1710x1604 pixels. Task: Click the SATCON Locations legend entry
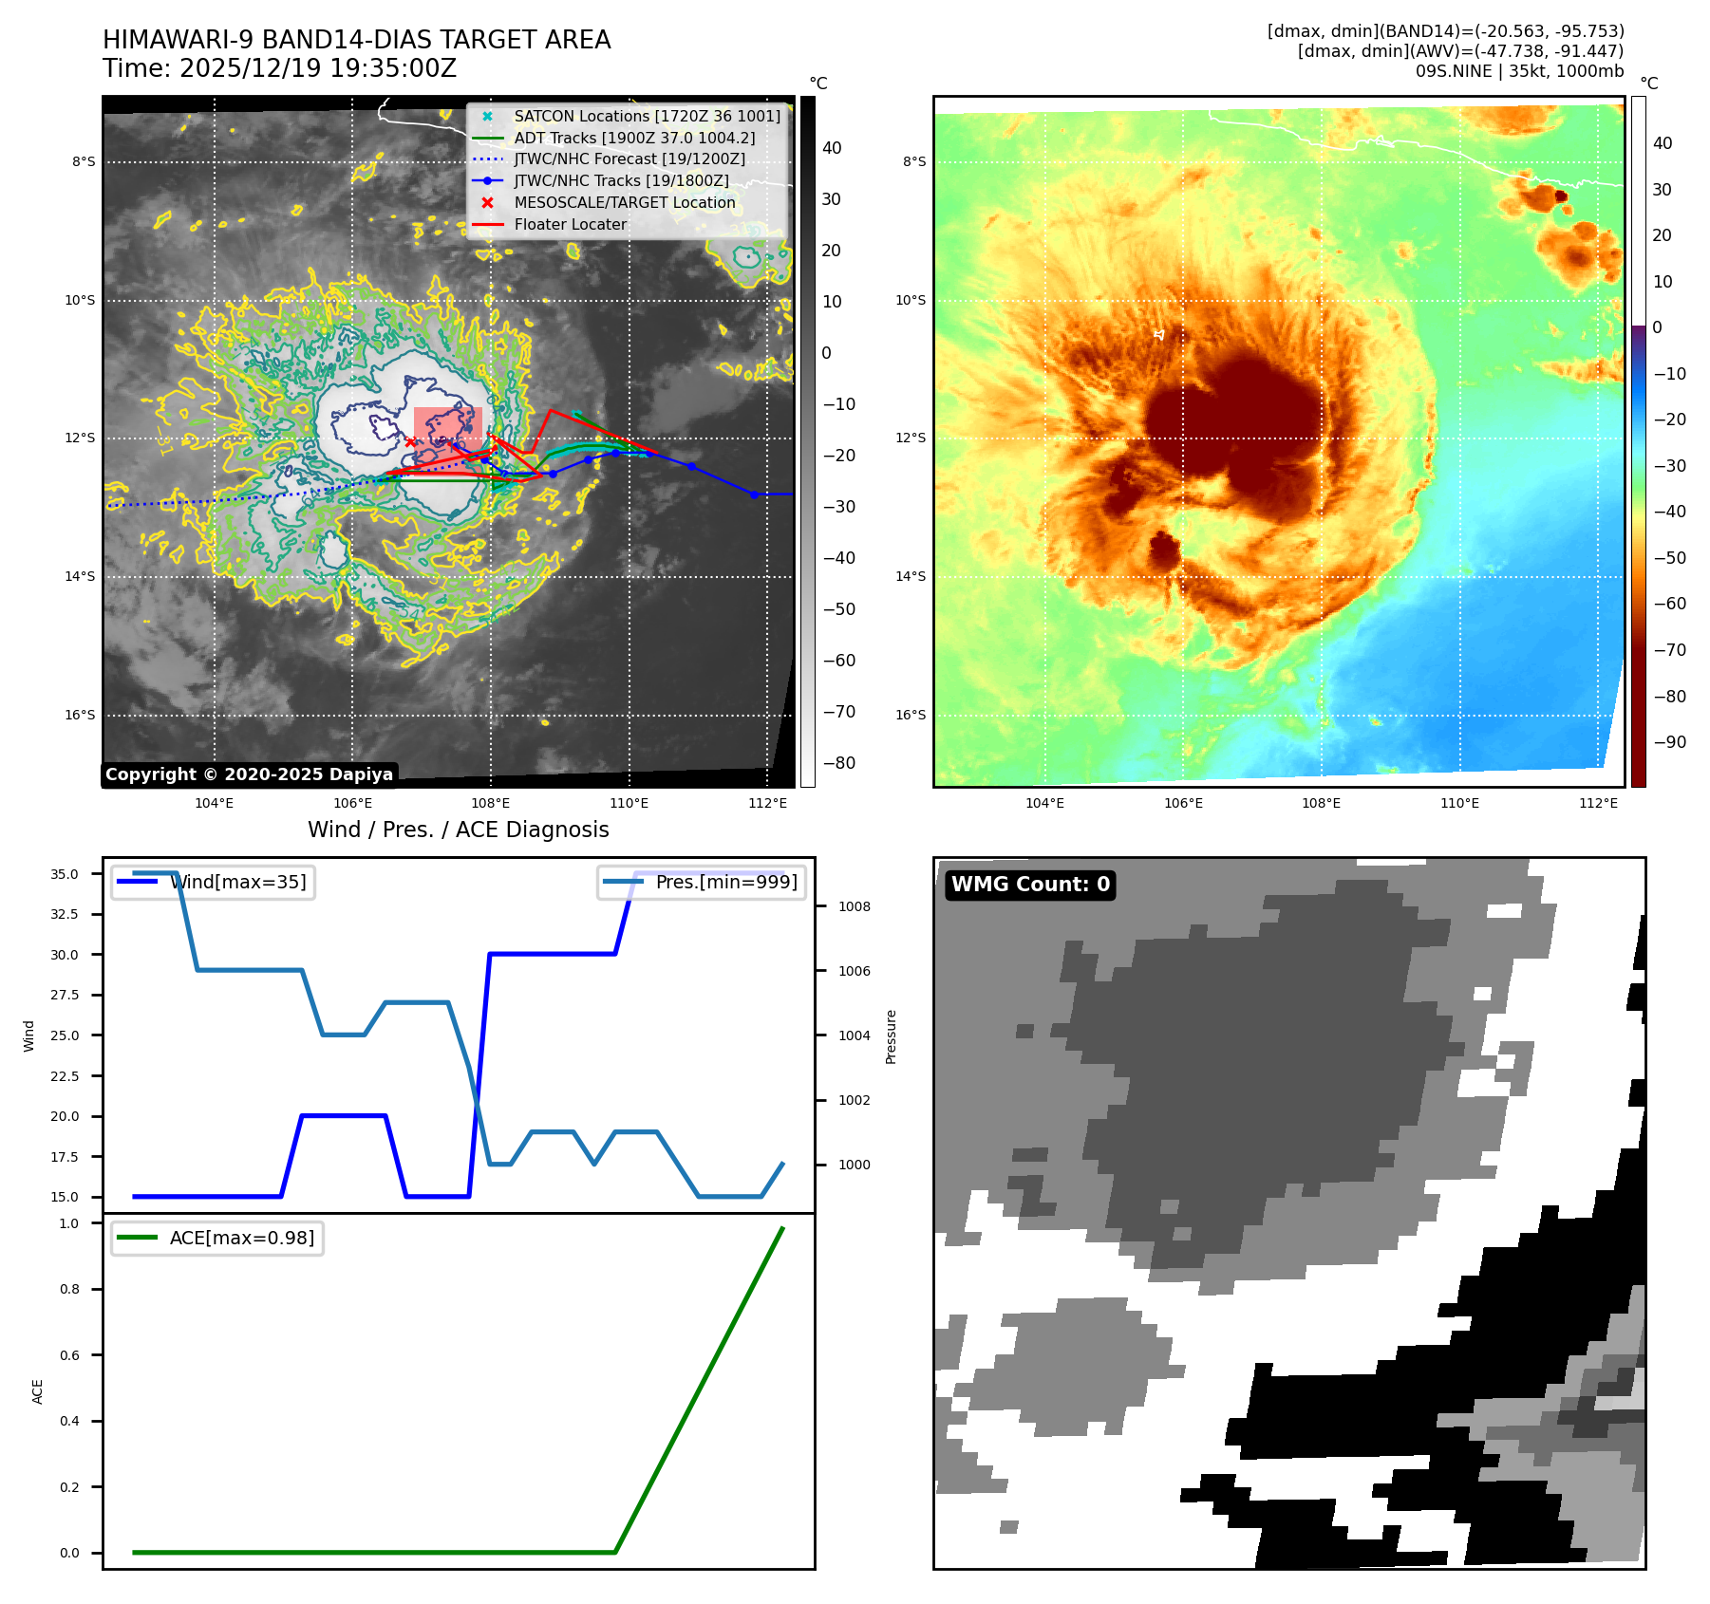647,116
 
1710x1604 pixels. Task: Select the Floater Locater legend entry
570,224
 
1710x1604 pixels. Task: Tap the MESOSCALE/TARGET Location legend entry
624,202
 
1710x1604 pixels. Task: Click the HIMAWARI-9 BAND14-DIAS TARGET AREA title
356,40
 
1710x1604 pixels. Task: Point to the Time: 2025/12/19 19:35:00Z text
279,68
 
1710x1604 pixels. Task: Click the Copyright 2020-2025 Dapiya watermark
249,774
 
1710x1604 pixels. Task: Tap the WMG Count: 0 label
1030,885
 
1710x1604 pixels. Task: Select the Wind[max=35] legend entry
237,882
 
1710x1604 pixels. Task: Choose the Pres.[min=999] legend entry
725,882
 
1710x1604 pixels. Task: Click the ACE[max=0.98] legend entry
241,1238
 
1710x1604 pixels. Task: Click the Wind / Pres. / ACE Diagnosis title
458,830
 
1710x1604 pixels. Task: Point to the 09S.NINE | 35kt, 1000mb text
1519,71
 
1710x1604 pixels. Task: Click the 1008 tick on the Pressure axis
854,906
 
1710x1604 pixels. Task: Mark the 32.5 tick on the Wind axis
65,914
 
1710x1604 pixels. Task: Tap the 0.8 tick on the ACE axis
69,1289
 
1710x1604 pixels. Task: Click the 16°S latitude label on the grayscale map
80,715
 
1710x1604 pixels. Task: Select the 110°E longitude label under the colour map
1459,803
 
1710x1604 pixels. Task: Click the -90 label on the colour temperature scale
1669,742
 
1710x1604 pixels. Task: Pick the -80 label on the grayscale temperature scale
838,763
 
